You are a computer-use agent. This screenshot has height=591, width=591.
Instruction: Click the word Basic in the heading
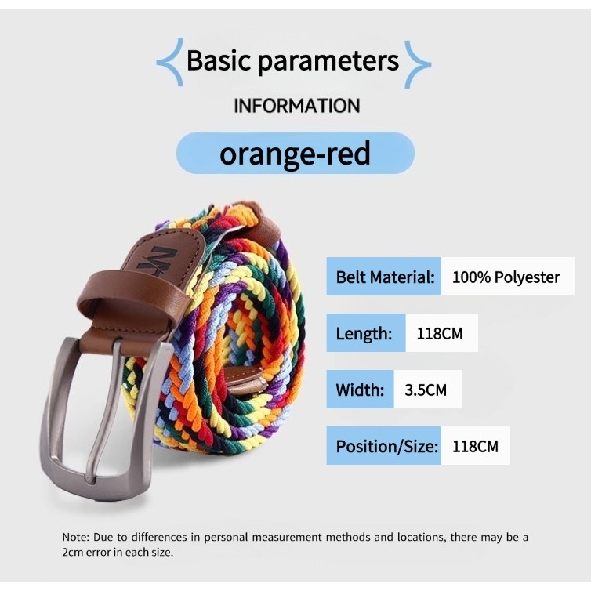coord(219,60)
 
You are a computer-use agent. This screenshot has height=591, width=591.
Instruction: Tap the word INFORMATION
coord(297,106)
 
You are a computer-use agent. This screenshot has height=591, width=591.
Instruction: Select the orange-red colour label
coord(295,154)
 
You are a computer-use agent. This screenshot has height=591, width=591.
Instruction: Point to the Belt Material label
coord(385,277)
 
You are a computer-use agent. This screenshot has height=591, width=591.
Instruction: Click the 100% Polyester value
coord(506,277)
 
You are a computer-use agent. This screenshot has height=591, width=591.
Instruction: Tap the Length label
coord(364,334)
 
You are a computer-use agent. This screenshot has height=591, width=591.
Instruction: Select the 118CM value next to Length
coord(440,334)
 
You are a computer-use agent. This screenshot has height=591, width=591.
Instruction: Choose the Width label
coord(360,390)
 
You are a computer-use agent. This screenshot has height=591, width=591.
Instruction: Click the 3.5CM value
coord(426,390)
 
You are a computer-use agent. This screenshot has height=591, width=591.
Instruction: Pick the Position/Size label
coord(387,447)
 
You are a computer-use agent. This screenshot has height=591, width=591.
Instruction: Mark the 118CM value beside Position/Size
coord(475,447)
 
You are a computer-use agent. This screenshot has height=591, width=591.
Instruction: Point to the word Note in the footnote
coord(75,537)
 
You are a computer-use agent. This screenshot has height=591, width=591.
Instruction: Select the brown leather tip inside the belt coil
coord(245,381)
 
